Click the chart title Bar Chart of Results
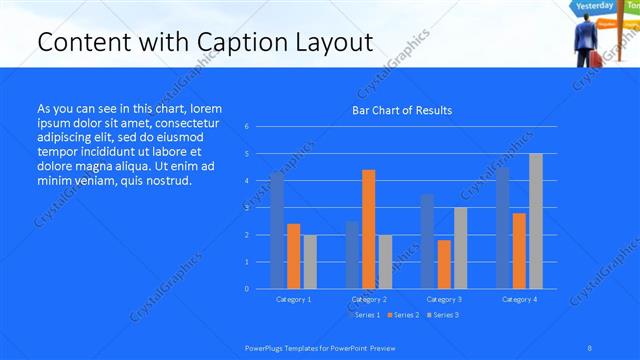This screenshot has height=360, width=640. point(401,110)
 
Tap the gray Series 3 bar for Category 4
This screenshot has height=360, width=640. point(536,221)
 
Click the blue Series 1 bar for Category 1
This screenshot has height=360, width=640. point(277,230)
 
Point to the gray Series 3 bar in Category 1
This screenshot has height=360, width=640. point(310,262)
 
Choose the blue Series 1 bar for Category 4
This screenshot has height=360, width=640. point(503,228)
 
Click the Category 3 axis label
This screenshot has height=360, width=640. point(444,299)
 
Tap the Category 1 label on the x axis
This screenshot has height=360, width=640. point(293,299)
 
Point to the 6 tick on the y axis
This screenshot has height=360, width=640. point(247,127)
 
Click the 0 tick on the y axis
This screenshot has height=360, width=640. point(247,289)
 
